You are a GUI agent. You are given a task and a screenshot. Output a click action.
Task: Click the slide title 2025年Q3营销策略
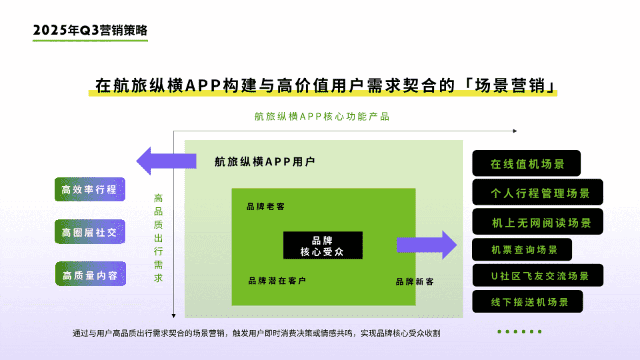point(90,30)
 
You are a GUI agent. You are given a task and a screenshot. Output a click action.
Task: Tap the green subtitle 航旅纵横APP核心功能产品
point(322,116)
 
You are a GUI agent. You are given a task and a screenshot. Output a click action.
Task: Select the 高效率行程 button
point(90,189)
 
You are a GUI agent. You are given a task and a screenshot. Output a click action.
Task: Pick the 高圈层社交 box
point(90,232)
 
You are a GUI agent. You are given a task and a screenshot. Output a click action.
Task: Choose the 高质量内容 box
point(91,274)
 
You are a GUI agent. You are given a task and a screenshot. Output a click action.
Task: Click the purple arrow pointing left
point(166,161)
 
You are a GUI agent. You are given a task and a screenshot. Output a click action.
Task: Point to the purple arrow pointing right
point(427,245)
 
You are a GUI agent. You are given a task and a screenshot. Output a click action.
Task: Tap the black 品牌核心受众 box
point(323,245)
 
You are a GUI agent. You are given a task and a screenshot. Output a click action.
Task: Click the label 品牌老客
point(266,207)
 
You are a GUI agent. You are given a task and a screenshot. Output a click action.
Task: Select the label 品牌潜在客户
point(277,281)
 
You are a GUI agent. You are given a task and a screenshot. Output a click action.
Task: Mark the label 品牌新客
point(415,282)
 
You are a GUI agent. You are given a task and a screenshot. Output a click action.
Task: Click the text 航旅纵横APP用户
point(265,162)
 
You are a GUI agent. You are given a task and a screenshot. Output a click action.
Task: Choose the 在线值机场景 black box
point(526,163)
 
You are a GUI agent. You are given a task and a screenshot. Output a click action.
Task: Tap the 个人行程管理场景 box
point(538,192)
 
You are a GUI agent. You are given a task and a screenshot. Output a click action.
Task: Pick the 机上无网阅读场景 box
point(538,222)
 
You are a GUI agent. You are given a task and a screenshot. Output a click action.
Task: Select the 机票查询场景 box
point(522,249)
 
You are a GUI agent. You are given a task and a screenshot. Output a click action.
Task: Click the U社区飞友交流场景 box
point(538,275)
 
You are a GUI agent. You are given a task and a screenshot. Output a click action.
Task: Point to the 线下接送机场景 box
point(528,301)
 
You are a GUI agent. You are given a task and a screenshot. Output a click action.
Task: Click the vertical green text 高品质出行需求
point(158,238)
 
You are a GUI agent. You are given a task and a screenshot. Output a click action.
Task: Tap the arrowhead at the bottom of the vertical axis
point(174,316)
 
